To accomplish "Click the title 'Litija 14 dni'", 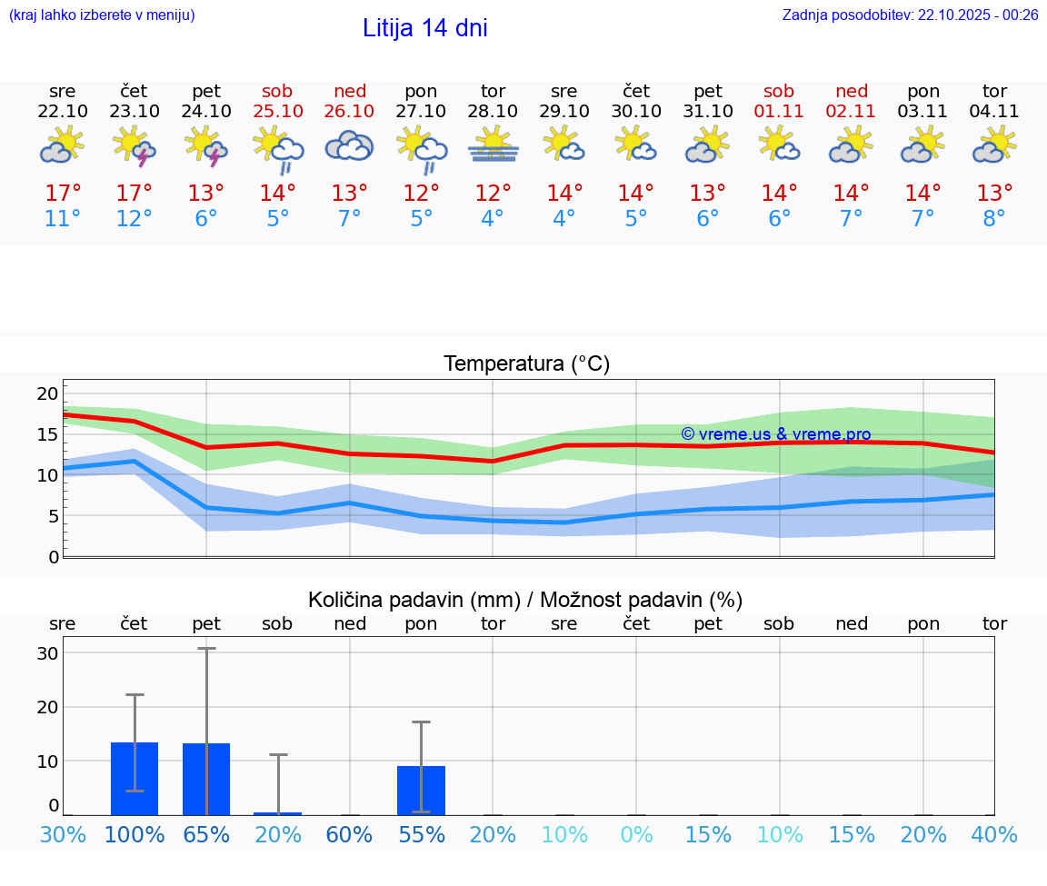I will pyautogui.click(x=424, y=28).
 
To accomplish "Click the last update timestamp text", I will pyautogui.click(x=910, y=15).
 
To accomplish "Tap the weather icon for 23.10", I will pyautogui.click(x=134, y=146).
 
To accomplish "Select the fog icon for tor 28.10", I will pyautogui.click(x=493, y=145).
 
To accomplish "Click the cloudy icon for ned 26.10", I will pyautogui.click(x=350, y=145).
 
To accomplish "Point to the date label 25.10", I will pyautogui.click(x=278, y=111).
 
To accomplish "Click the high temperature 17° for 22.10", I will pyautogui.click(x=63, y=194).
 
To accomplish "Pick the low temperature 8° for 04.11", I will pyautogui.click(x=994, y=219).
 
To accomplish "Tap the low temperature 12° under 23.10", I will pyautogui.click(x=134, y=219).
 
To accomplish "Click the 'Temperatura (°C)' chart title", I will pyautogui.click(x=526, y=364).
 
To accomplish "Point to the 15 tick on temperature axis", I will pyautogui.click(x=47, y=434).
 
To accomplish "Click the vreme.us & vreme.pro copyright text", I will pyautogui.click(x=775, y=434).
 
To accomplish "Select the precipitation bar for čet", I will pyautogui.click(x=135, y=779).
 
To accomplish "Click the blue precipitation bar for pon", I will pyautogui.click(x=421, y=791).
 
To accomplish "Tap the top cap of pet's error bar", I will pyautogui.click(x=206, y=648).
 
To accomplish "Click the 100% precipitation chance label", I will pyautogui.click(x=135, y=835).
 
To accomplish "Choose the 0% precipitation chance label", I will pyautogui.click(x=636, y=835).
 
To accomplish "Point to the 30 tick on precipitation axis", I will pyautogui.click(x=47, y=653).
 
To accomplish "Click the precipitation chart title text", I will pyautogui.click(x=525, y=600).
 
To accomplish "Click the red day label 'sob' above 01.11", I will pyautogui.click(x=779, y=91).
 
